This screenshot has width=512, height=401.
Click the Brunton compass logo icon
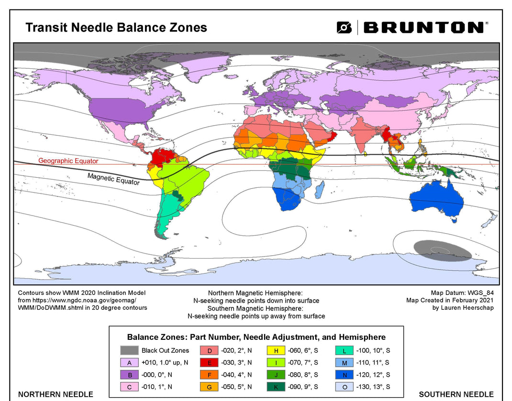344,27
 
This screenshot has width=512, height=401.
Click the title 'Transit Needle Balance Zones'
116,27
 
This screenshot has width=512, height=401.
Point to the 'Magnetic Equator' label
113,179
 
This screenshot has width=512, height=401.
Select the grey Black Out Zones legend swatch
129,350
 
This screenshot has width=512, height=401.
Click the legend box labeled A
129,363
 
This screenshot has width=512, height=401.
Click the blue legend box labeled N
345,375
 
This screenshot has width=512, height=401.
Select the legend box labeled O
345,387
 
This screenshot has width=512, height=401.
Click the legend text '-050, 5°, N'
236,387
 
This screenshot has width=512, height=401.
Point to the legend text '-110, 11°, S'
373,363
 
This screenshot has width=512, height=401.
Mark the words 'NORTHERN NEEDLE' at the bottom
56,394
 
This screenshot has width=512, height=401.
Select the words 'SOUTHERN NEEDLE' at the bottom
456,394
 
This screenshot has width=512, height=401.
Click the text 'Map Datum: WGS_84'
462,293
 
